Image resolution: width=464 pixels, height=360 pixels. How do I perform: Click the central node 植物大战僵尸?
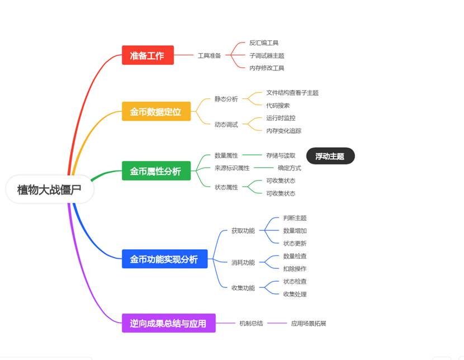pos(49,190)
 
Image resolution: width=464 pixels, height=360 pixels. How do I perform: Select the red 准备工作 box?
pos(148,55)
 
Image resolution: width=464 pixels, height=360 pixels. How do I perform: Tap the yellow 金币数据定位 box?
pos(156,111)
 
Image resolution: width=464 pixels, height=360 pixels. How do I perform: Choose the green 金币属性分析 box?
pos(156,171)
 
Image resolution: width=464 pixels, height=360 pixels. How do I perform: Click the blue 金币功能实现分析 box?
pos(164,259)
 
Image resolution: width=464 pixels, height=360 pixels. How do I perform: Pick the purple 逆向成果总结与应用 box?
pos(168,323)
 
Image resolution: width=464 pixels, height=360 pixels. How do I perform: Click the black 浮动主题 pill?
pos(330,156)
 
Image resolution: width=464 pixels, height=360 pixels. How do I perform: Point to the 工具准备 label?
pos(209,55)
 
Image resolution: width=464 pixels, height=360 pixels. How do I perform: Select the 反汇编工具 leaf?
pos(264,42)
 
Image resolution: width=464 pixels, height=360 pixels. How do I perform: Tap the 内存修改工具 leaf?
pos(267,68)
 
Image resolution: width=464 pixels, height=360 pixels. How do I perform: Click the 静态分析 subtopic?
pos(226,99)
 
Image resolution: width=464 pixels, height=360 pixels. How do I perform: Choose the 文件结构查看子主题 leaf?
pos(292,93)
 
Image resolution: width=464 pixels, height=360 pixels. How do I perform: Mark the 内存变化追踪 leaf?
pos(283,131)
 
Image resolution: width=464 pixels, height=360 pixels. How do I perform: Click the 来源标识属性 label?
pos(232,168)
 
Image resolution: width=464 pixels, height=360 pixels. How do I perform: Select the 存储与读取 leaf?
pos(281,155)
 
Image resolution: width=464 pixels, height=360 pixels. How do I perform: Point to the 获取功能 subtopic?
pos(243,230)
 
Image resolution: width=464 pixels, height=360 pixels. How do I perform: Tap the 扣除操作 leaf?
pos(295,268)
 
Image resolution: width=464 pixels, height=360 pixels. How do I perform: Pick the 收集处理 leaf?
pos(295,294)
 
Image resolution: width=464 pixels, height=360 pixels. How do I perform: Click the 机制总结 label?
pos(251,323)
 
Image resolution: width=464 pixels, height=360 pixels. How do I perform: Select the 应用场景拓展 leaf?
pos(308,323)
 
